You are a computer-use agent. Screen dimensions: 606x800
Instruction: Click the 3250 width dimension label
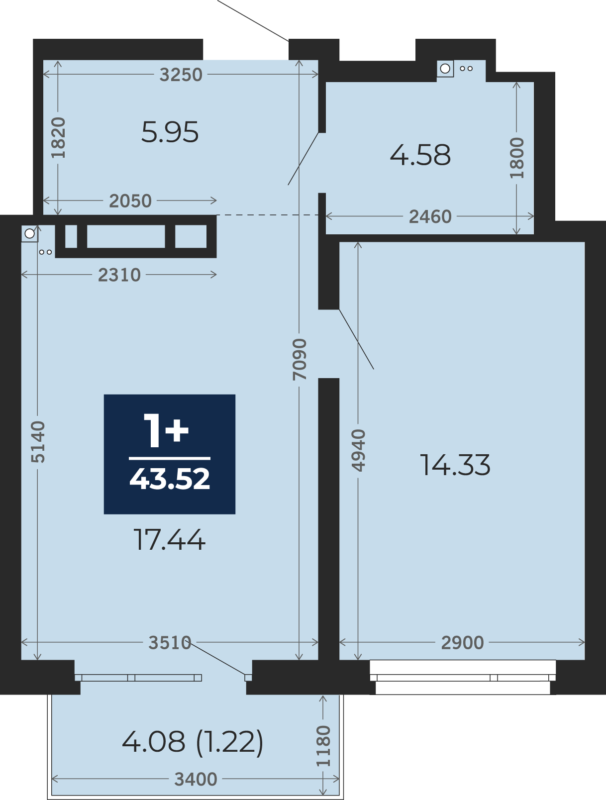coord(181,75)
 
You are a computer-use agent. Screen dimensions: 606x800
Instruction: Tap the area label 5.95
coord(170,132)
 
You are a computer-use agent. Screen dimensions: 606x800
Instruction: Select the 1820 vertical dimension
coord(58,138)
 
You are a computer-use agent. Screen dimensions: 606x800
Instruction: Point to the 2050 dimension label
coord(130,201)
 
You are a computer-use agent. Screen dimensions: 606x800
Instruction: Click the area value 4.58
coord(420,155)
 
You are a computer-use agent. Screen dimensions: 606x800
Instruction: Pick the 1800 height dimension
coord(517,158)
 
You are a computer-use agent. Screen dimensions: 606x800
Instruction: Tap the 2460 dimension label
coord(430,217)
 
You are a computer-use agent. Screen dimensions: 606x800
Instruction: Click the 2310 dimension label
coord(119,275)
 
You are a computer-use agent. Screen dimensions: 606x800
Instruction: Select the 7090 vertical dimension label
coord(300,360)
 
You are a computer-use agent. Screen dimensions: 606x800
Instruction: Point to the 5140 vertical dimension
coord(37,442)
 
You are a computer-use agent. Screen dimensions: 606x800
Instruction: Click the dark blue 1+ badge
coord(170,454)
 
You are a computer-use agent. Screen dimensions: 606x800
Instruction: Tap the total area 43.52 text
coord(170,479)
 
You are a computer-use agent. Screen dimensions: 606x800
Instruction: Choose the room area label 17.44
coord(170,540)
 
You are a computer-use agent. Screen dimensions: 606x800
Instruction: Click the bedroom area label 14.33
coord(455,465)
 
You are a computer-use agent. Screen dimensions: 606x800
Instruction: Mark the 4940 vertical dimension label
coord(358,450)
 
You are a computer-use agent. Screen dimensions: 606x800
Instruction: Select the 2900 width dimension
coord(462,643)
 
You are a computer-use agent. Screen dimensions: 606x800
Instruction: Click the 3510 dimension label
coord(170,643)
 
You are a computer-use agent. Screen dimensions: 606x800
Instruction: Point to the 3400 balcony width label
coord(196,780)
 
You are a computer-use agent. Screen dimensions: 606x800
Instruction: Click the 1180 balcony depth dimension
coord(323,746)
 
